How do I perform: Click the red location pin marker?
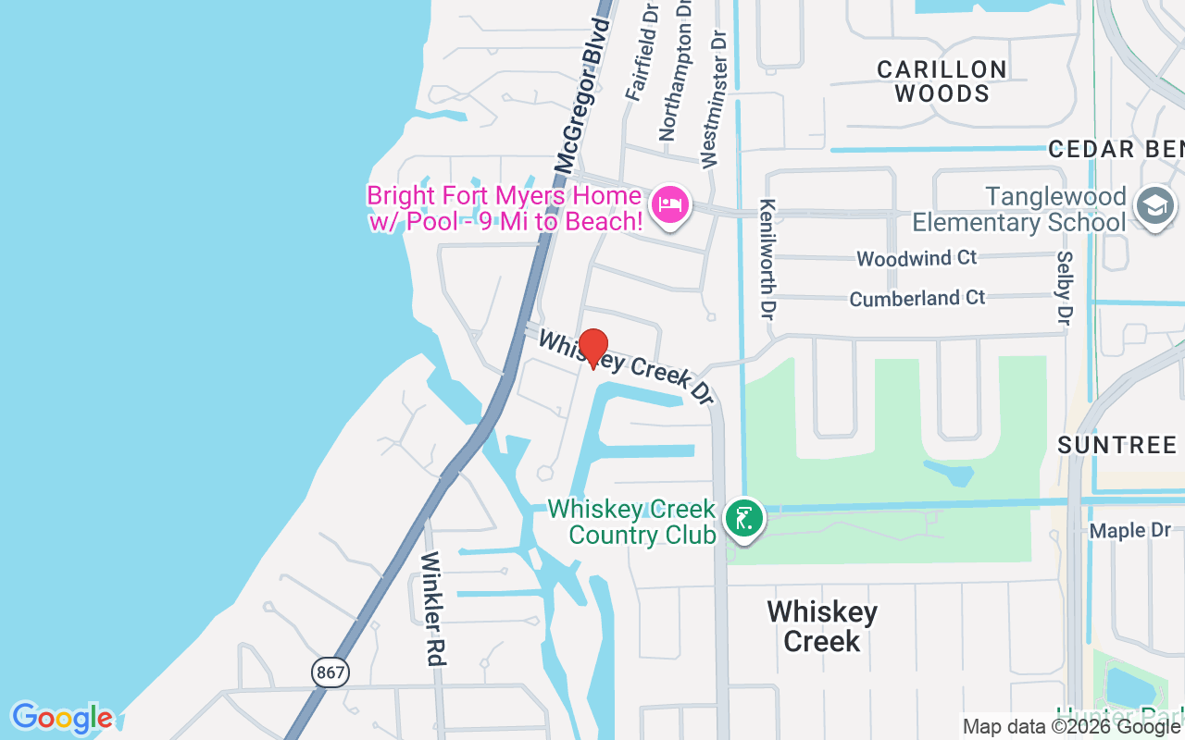[592, 348]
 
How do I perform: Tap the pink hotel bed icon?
[669, 204]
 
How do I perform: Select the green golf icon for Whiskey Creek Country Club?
[742, 518]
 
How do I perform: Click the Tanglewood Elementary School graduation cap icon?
[1154, 206]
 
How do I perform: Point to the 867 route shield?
[331, 672]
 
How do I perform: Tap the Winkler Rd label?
[433, 608]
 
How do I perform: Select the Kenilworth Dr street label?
[767, 258]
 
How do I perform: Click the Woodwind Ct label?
[917, 258]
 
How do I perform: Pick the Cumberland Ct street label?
[917, 299]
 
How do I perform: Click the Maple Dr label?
[1129, 531]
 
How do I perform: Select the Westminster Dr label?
[714, 97]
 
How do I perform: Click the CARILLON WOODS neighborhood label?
[942, 81]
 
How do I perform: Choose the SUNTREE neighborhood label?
[1116, 445]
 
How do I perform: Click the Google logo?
[62, 718]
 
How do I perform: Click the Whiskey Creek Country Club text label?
[632, 522]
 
